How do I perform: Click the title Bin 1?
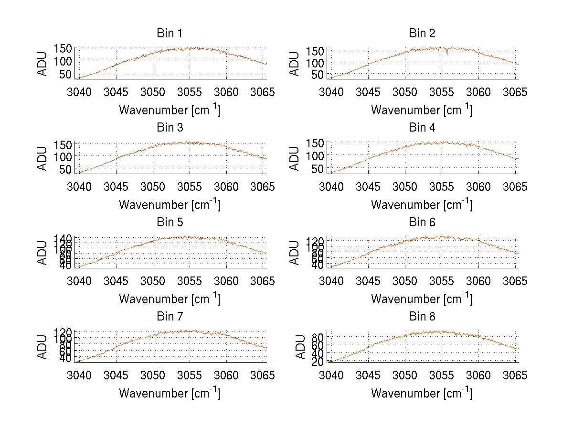tap(170, 33)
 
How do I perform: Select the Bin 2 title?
tap(422, 33)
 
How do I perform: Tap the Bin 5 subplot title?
tap(170, 222)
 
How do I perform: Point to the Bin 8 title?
tap(422, 317)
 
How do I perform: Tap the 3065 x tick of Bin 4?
tap(515, 186)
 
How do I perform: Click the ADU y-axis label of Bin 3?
tap(43, 158)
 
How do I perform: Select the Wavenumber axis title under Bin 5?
tap(170, 299)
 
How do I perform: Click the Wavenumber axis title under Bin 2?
tap(422, 110)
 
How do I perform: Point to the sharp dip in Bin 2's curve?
tap(447, 54)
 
